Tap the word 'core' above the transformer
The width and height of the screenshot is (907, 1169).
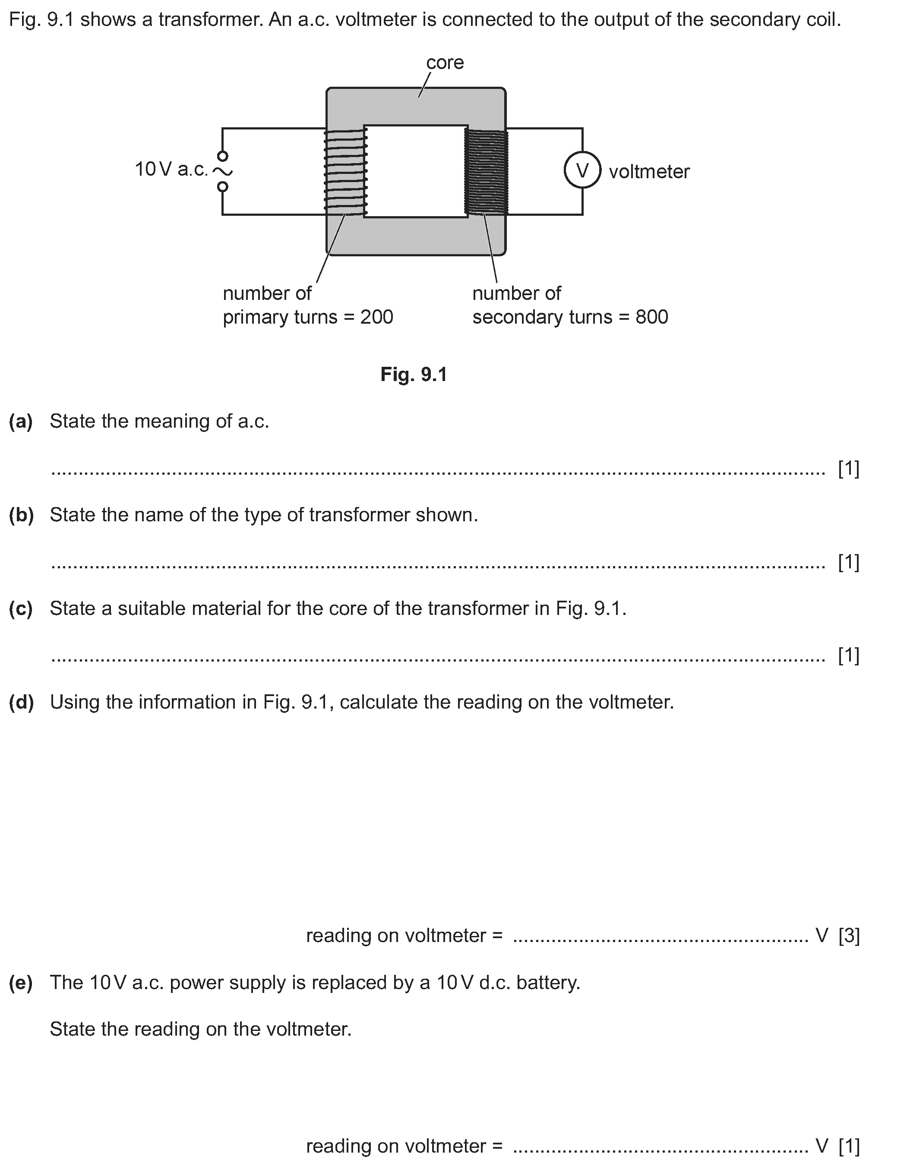[x=444, y=63]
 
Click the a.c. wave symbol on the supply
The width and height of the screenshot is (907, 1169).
[x=222, y=171]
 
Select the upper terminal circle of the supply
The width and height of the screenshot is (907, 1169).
[x=223, y=156]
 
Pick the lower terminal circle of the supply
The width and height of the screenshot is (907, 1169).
[x=223, y=186]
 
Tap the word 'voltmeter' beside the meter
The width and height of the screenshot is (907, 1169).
[x=649, y=172]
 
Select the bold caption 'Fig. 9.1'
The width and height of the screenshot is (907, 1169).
[x=413, y=374]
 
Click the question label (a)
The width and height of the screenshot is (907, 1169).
[x=21, y=421]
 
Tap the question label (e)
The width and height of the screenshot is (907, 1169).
[x=21, y=982]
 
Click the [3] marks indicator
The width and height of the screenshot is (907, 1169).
[x=849, y=935]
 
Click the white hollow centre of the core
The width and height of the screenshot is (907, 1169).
[x=415, y=171]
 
